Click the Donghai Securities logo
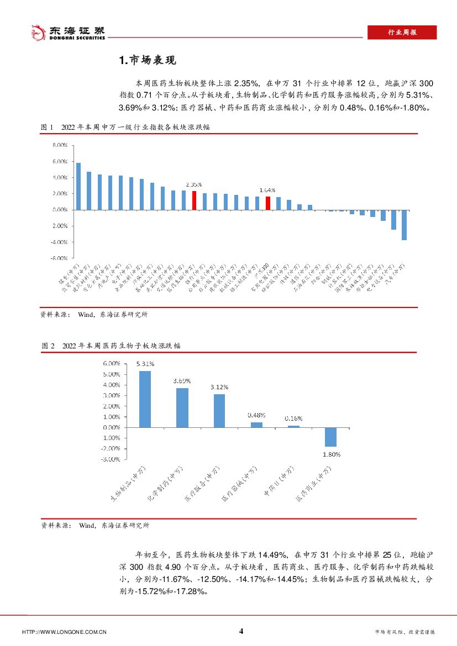(67, 33)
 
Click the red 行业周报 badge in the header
(402, 33)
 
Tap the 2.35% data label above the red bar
(194, 184)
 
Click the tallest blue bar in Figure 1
(78, 186)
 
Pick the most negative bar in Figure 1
(404, 225)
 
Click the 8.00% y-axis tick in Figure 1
(60, 146)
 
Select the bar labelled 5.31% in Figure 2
(145, 399)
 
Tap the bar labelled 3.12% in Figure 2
(219, 410)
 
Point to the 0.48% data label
(257, 415)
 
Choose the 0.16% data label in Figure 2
(293, 419)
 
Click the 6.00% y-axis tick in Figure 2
(111, 364)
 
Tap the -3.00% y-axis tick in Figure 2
(110, 459)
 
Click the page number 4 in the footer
(241, 631)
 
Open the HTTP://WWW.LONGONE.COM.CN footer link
(64, 632)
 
